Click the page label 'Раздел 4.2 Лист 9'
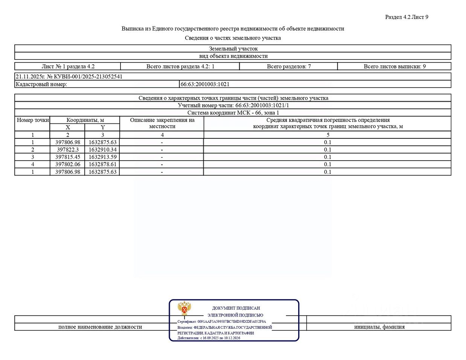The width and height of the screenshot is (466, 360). coord(407,17)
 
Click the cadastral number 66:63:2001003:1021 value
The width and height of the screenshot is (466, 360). coord(205,84)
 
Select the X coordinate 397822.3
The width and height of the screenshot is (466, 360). coord(68,150)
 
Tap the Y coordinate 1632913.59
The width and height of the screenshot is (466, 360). coord(102,157)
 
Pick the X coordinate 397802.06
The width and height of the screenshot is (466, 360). coord(68,164)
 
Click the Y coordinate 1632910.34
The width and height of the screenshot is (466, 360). coord(102,150)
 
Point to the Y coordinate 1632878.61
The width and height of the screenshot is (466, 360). coord(102,164)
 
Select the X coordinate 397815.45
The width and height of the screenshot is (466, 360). coord(68,157)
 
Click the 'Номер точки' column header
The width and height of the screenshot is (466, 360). coord(33,120)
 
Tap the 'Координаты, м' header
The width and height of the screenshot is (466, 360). coord(85,120)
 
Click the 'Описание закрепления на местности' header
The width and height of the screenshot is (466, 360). coord(162,123)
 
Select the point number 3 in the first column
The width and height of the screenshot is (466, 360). coord(33,157)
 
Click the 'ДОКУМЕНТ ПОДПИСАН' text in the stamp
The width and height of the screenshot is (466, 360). coord(236,308)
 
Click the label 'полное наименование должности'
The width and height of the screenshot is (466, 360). coord(100,327)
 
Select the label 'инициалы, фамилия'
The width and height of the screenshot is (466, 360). coord(379,327)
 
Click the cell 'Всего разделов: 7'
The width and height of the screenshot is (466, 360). coord(289,67)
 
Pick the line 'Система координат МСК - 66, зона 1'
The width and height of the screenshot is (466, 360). coord(233,113)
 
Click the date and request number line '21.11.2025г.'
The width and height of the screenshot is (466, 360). coord(69,77)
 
